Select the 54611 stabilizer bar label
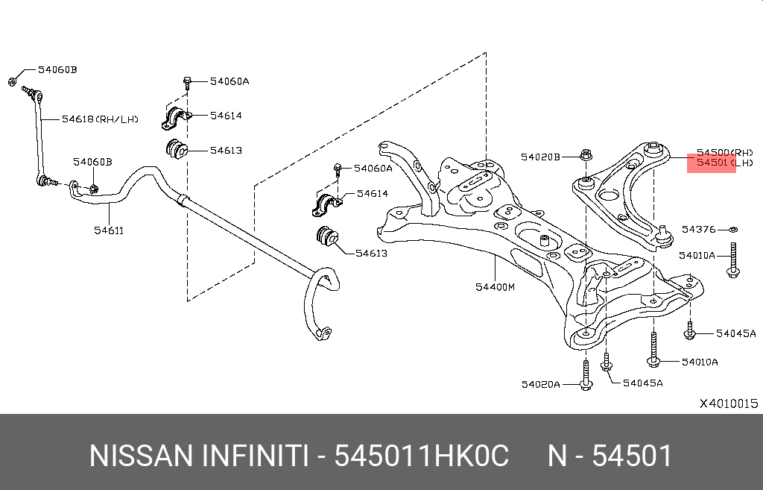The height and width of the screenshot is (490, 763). pos(108,230)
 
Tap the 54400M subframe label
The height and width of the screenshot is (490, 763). pos(496,286)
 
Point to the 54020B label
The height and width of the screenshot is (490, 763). pos(539,157)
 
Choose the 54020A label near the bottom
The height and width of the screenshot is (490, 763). pos(540,384)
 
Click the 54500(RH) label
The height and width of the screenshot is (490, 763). pos(724,151)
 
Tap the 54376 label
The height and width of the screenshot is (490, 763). pos(698,230)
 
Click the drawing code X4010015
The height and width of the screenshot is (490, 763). pos(728,403)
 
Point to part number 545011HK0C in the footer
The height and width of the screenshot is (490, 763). pos(421,456)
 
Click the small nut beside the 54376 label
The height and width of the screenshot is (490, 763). pos(733,230)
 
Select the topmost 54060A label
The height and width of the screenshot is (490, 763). pos(228,81)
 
